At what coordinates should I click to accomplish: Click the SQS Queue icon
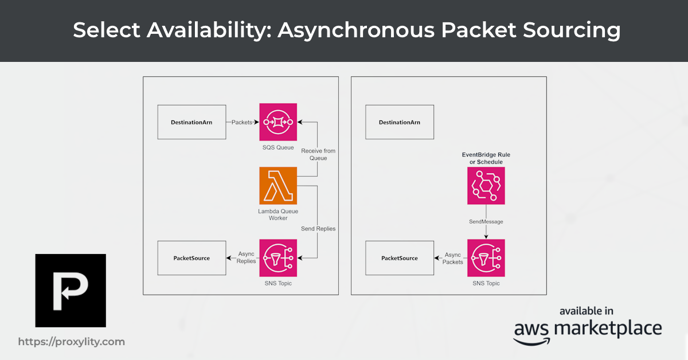point(278,122)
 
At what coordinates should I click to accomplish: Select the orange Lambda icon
point(278,186)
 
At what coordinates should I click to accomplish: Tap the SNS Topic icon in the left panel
point(278,258)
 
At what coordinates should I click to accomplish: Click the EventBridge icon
point(486,186)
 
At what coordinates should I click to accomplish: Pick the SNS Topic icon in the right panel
point(486,258)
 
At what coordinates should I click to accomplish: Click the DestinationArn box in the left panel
point(191,122)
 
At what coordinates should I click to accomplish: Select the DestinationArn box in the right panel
point(400,122)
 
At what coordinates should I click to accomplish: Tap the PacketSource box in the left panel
point(191,258)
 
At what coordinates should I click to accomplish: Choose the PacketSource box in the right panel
point(400,258)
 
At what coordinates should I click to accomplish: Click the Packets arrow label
point(242,122)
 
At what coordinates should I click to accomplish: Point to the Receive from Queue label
point(318,154)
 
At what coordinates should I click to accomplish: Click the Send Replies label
point(318,229)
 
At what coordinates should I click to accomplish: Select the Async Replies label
point(246,257)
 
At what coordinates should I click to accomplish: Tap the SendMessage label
point(486,221)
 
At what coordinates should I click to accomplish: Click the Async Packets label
point(453,257)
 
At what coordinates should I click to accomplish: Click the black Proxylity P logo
point(71,290)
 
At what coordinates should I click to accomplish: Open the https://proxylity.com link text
point(71,342)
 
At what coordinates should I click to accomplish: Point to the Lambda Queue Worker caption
point(278,214)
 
